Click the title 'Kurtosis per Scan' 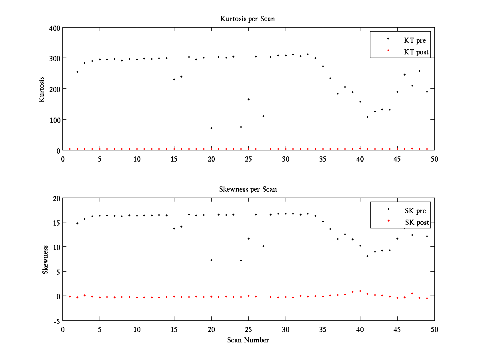click(247, 19)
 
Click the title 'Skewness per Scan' click(248, 189)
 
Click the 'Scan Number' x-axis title click(248, 340)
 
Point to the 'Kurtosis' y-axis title click(42, 89)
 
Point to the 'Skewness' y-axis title click(45, 260)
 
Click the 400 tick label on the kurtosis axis click(55, 28)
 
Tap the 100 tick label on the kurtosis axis click(55, 120)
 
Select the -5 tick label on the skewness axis click(56, 321)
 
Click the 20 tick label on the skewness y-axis click(56, 199)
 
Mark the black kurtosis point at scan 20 click(211, 128)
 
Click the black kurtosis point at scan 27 click(263, 116)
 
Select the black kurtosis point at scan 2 click(77, 72)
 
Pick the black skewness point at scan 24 click(241, 260)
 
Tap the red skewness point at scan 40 click(360, 291)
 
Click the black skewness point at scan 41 click(367, 256)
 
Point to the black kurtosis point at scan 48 click(420, 71)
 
